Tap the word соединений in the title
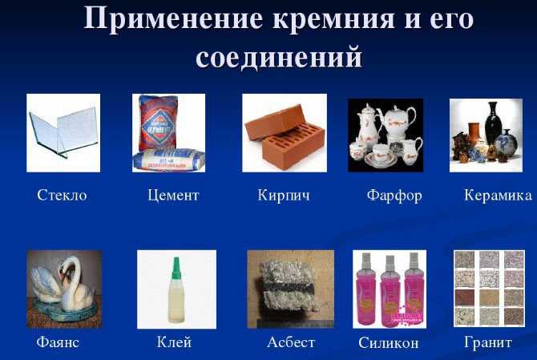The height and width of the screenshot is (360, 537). (x=279, y=56)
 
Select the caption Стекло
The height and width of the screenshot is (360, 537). (x=62, y=196)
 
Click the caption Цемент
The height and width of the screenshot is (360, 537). (x=173, y=196)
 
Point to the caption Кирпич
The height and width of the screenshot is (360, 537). (x=284, y=196)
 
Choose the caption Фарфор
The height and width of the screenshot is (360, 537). (x=394, y=196)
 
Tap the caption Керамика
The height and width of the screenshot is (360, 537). (x=498, y=196)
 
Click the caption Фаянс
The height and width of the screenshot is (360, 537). (x=58, y=342)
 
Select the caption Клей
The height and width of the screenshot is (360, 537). (x=174, y=342)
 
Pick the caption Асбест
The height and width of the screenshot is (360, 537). (x=291, y=342)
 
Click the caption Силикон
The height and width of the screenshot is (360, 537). (x=389, y=342)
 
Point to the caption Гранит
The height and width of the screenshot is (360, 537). (x=488, y=342)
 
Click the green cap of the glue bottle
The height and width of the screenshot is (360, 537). (x=176, y=266)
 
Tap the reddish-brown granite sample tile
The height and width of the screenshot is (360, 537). (x=465, y=298)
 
